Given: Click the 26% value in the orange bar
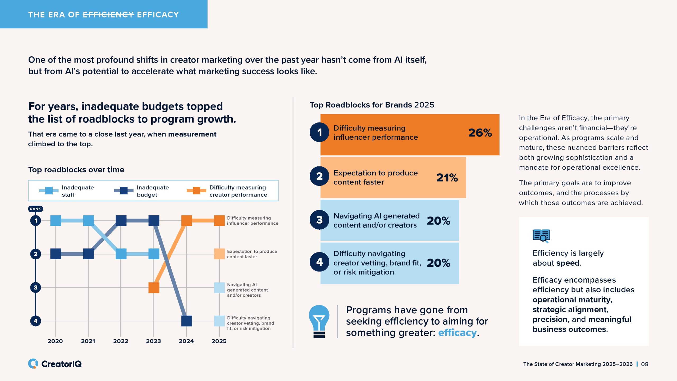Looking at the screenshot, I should (480, 133).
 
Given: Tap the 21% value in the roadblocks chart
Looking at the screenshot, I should (447, 178).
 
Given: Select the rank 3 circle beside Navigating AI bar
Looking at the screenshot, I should (319, 220).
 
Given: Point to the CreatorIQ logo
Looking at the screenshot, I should (55, 364).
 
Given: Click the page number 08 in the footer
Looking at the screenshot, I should (644, 364).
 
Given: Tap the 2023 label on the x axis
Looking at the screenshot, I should (153, 341).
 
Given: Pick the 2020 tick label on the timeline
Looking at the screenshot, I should (55, 341).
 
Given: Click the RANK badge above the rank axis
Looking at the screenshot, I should (35, 209).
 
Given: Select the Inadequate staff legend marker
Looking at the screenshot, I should (49, 190).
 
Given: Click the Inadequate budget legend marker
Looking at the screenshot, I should (124, 190).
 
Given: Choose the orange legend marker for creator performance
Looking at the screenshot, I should (196, 190).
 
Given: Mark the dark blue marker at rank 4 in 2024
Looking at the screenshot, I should (186, 321).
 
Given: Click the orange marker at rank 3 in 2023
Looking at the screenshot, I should (154, 288).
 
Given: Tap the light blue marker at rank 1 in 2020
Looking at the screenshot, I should (56, 220).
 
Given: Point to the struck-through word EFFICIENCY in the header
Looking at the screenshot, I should (108, 15).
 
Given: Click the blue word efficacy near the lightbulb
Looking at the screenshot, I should (457, 333).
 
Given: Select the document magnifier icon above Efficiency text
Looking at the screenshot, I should (541, 236).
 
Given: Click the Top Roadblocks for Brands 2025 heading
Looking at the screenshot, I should (372, 105).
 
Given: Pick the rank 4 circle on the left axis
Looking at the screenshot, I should (36, 321).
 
